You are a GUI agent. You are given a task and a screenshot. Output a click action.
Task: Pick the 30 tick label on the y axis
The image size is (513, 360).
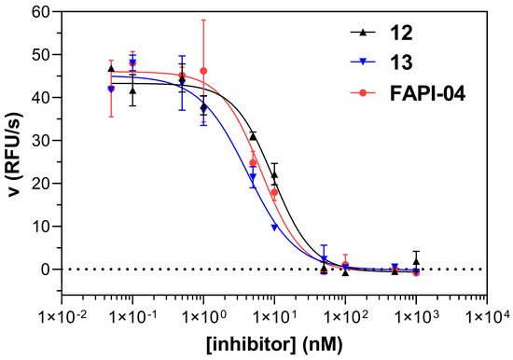coord(39,140)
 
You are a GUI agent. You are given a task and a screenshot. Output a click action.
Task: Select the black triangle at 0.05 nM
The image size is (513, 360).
coord(111,68)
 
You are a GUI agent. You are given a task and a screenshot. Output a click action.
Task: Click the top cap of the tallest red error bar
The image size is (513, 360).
coord(203,20)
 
